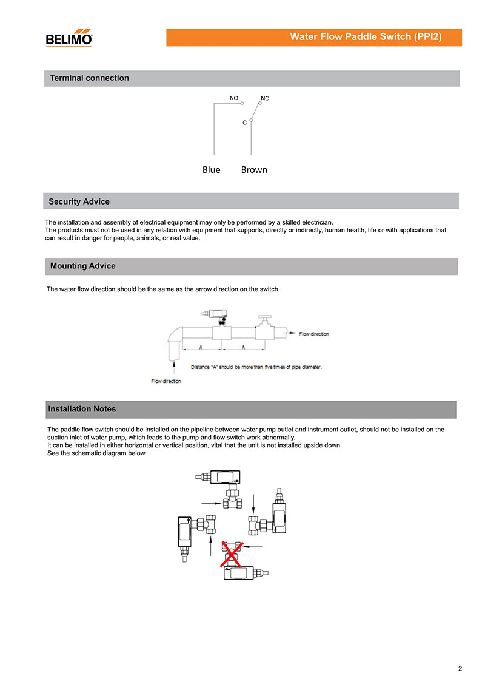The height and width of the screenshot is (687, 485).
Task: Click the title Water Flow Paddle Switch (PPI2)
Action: coord(366,37)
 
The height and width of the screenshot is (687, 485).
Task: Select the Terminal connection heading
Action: coord(89,78)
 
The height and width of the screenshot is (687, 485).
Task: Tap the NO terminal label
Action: coord(233,97)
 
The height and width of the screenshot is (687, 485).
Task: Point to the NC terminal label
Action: coord(265,98)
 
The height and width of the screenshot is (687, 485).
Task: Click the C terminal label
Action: coord(244,123)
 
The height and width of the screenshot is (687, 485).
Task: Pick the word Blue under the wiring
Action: coord(212,170)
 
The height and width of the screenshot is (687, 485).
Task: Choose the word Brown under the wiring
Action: coord(254,170)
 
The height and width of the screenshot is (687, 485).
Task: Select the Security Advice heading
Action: coord(79,201)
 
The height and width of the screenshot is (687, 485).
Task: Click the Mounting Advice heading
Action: coord(82,266)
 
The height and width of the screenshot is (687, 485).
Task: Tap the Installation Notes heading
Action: coord(81,409)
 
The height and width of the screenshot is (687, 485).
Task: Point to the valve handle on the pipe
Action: coord(264,318)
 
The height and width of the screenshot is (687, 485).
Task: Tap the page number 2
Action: coord(460,669)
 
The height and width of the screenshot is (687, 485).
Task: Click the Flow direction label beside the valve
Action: coord(314,334)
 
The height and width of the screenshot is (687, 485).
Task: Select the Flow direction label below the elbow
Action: coord(166,381)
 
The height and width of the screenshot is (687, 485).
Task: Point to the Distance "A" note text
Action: coord(256,367)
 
